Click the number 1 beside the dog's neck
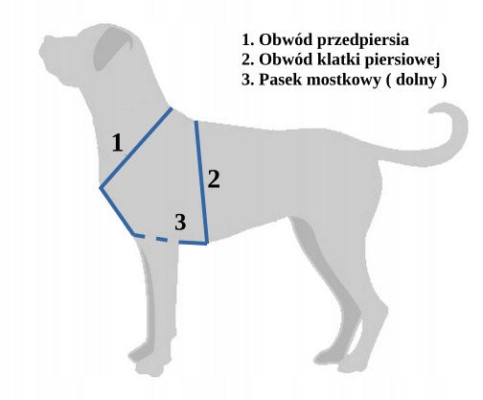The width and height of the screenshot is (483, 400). click(x=118, y=143)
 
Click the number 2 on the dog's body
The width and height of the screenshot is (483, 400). click(x=214, y=178)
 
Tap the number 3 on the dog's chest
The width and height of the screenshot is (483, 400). click(x=180, y=222)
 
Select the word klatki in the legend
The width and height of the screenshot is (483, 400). click(x=339, y=59)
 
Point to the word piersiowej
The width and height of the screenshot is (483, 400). click(x=402, y=60)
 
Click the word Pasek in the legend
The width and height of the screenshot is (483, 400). click(x=281, y=80)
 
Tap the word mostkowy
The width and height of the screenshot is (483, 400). click(x=343, y=80)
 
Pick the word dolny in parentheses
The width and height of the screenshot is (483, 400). click(x=416, y=80)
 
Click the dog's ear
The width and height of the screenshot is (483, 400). click(x=112, y=48)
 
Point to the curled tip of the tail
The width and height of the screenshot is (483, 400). click(x=433, y=109)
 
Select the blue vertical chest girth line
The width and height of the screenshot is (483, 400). click(x=202, y=182)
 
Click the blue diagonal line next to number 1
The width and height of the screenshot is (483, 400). click(x=136, y=148)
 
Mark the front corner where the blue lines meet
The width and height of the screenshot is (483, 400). click(x=101, y=188)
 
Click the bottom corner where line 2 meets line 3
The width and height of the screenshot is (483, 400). click(x=207, y=243)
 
